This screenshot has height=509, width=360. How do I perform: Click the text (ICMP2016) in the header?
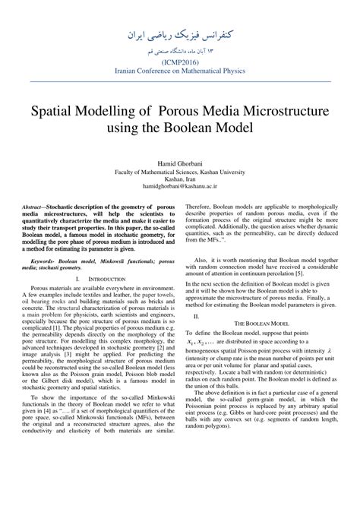tap(179, 63)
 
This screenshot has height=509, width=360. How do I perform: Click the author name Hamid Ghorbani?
tap(179, 163)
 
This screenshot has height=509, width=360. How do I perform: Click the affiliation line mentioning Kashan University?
tap(179, 172)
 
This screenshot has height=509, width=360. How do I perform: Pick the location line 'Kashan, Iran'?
tap(179, 179)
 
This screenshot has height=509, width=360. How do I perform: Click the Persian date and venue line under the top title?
tap(179, 52)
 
